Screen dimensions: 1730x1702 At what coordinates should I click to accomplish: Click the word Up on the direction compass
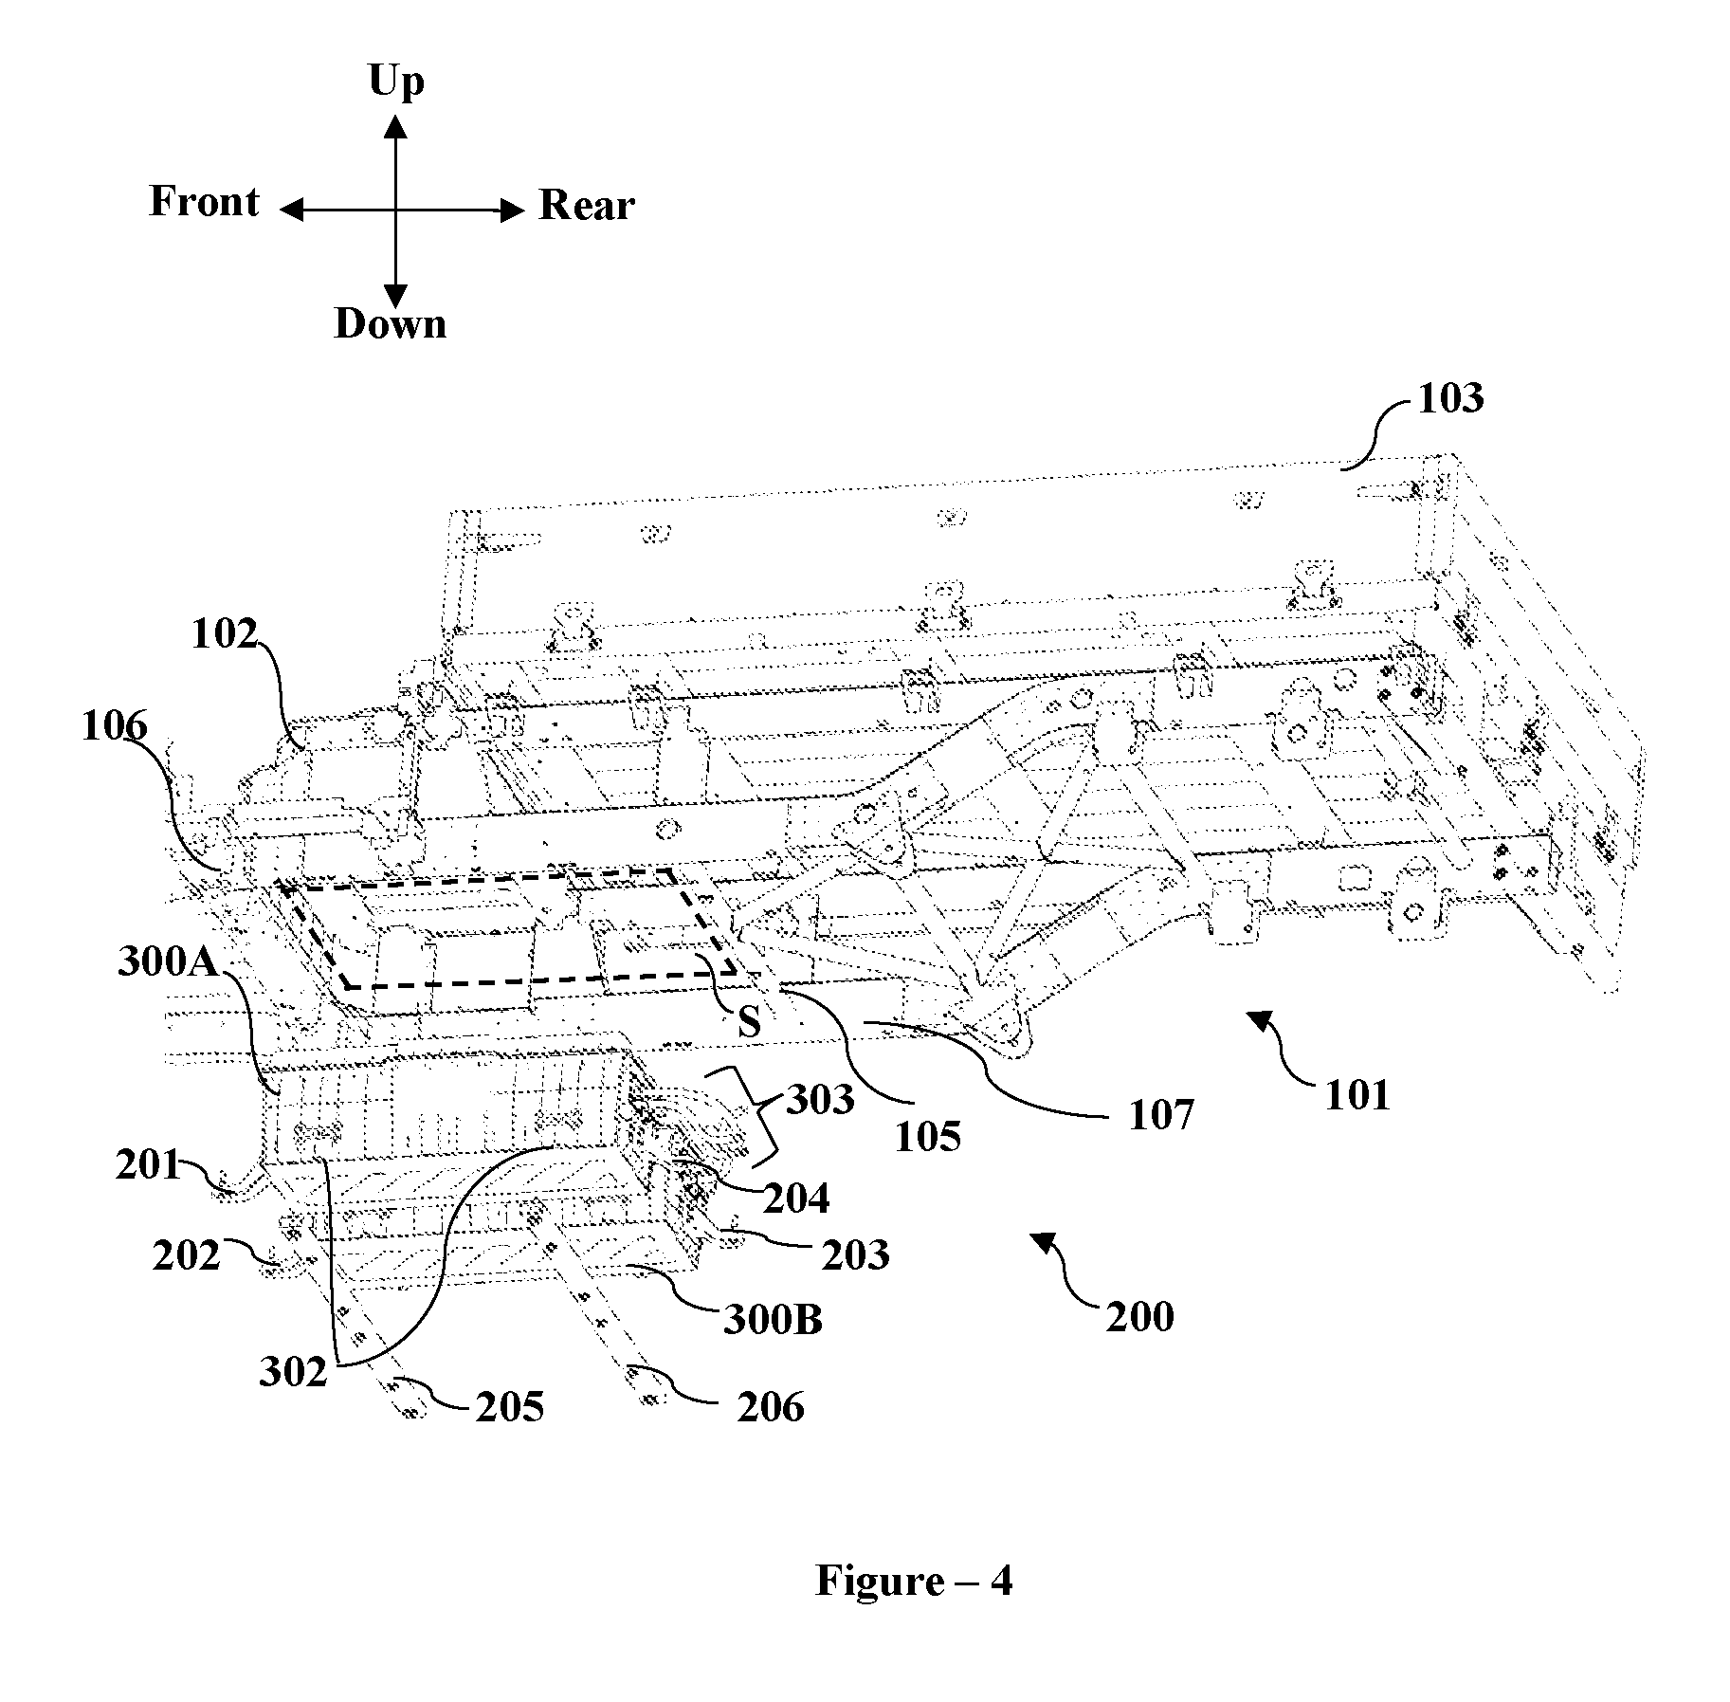coord(396,82)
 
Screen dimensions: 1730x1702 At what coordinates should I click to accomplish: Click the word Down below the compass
coord(391,324)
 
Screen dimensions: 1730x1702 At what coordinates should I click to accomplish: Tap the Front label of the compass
coord(204,202)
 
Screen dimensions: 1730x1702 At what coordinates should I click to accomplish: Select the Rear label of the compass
coord(587,206)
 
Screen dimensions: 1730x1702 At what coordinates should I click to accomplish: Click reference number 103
coord(1450,398)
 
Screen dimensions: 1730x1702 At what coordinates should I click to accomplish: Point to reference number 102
coord(225,634)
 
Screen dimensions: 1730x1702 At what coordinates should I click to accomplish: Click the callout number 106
coord(115,727)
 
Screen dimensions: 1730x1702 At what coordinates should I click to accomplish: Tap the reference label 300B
coord(773,1320)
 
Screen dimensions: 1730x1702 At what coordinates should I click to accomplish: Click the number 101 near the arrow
coord(1357,1095)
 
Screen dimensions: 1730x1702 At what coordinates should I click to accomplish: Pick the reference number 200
coord(1139,1316)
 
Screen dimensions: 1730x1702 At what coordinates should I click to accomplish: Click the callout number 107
coord(1161,1115)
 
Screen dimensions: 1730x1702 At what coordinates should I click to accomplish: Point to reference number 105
coord(928,1136)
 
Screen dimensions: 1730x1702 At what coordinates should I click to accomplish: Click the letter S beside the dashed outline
coord(749,1022)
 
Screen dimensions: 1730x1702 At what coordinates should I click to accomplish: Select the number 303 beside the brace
coord(821,1099)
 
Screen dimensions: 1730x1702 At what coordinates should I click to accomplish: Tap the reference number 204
coord(796,1199)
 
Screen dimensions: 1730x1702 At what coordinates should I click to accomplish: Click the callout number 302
coord(293,1372)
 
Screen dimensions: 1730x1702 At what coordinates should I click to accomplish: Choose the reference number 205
coord(510,1407)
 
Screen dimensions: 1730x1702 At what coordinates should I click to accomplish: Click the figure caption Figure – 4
coord(914,1581)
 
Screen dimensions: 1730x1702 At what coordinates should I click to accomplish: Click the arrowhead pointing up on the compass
coord(396,128)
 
